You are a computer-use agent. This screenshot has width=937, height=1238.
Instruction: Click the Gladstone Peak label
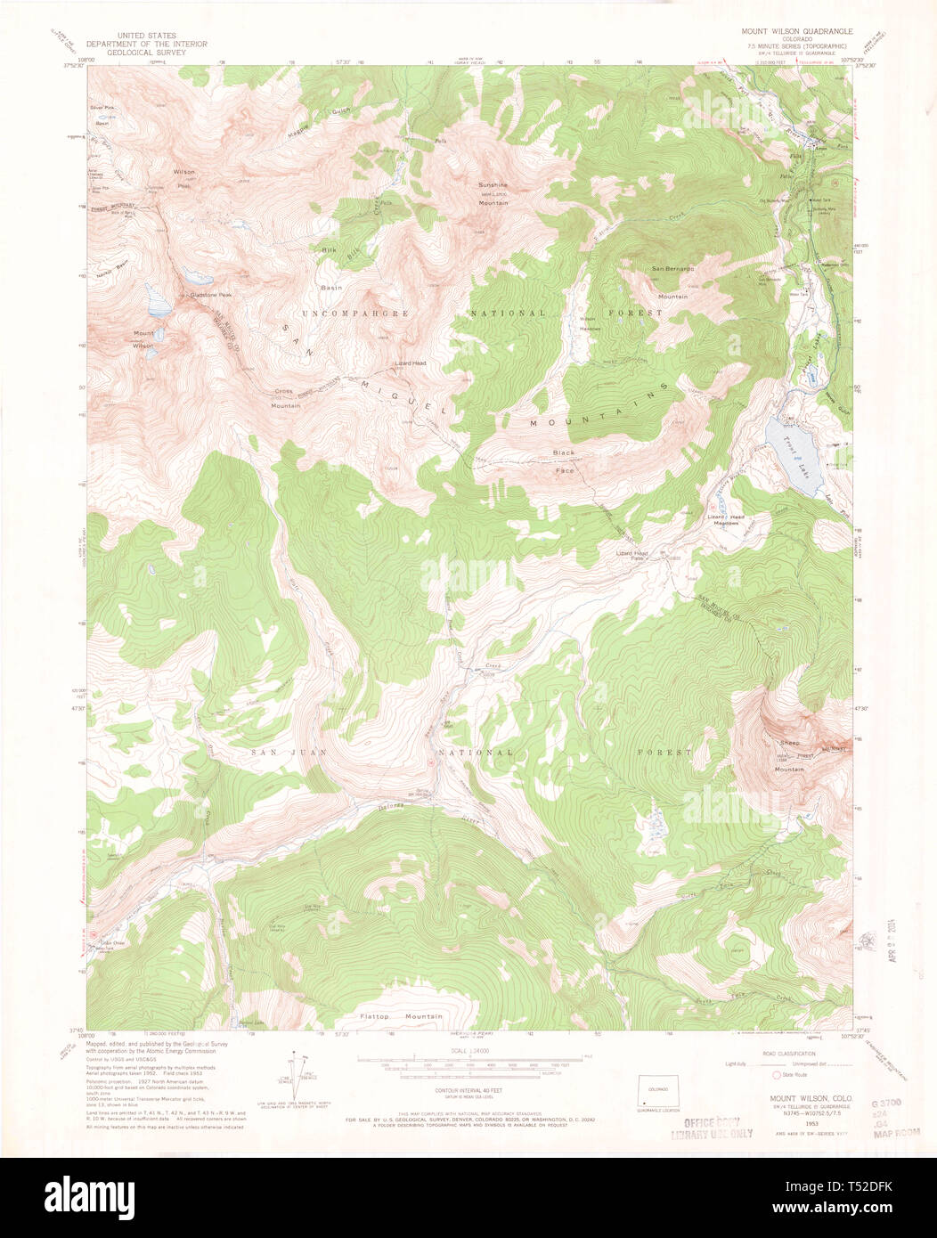point(208,295)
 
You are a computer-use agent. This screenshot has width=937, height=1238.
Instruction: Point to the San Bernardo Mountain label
point(672,281)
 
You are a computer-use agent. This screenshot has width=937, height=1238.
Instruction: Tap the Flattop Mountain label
point(401,1016)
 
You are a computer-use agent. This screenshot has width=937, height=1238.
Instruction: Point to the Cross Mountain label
point(286,398)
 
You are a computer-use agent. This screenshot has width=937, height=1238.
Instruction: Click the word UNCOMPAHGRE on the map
point(354,314)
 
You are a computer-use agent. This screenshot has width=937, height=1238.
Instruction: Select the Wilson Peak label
point(183,178)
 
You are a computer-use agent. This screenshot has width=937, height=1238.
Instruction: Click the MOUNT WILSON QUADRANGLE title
point(796,31)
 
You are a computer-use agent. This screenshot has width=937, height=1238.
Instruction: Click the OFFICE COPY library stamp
point(712,1128)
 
